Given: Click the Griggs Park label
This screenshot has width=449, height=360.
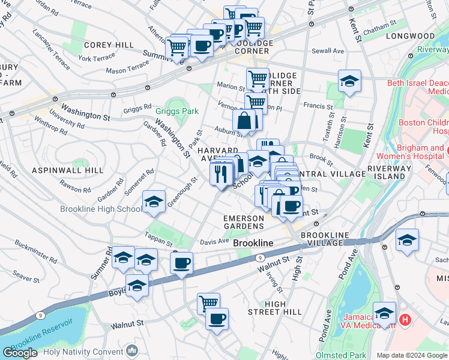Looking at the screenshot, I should [176, 111].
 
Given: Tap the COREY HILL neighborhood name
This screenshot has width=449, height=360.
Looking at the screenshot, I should [109, 45].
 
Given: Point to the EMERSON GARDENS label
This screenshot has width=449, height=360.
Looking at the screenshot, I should [243, 222].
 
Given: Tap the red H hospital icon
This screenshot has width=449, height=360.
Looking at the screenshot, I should [405, 320].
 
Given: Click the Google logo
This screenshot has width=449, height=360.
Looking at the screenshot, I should [20, 353].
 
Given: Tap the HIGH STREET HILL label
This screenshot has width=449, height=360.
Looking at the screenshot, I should [275, 308].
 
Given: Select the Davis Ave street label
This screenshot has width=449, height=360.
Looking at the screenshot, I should [214, 241].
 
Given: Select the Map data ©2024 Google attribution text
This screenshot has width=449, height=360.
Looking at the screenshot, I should [412, 355].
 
